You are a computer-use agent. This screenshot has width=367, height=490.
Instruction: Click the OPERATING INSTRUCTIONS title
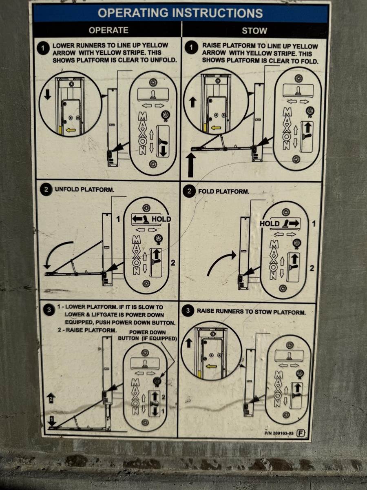(x=180, y=13)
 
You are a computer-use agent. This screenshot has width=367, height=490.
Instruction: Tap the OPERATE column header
(x=108, y=30)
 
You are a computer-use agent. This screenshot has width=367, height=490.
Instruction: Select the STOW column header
(x=254, y=31)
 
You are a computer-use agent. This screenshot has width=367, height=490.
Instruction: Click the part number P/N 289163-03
(x=279, y=433)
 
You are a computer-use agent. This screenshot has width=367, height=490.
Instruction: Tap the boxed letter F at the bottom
(x=301, y=433)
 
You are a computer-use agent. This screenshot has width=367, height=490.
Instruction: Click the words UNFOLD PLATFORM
(x=85, y=190)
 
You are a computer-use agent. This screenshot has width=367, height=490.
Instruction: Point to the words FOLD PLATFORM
(x=224, y=192)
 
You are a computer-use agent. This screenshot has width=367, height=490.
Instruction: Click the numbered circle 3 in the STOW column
(x=188, y=310)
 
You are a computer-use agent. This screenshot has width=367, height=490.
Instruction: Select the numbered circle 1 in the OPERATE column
(x=43, y=48)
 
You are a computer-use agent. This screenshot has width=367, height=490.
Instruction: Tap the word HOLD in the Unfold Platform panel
(x=161, y=219)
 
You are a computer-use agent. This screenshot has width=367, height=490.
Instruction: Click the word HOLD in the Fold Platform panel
(x=270, y=223)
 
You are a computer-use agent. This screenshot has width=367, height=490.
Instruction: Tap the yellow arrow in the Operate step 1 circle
(x=71, y=130)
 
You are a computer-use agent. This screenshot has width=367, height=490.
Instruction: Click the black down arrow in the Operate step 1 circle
(x=48, y=95)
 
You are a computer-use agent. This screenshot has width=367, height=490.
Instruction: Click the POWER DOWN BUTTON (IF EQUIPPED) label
(x=147, y=335)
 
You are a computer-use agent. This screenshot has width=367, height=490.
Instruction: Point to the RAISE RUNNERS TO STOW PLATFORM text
(x=251, y=312)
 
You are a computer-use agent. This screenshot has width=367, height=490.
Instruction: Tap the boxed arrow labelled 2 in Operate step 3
(x=51, y=398)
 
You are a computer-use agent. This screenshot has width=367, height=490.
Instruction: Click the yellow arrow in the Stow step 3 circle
(x=211, y=366)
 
